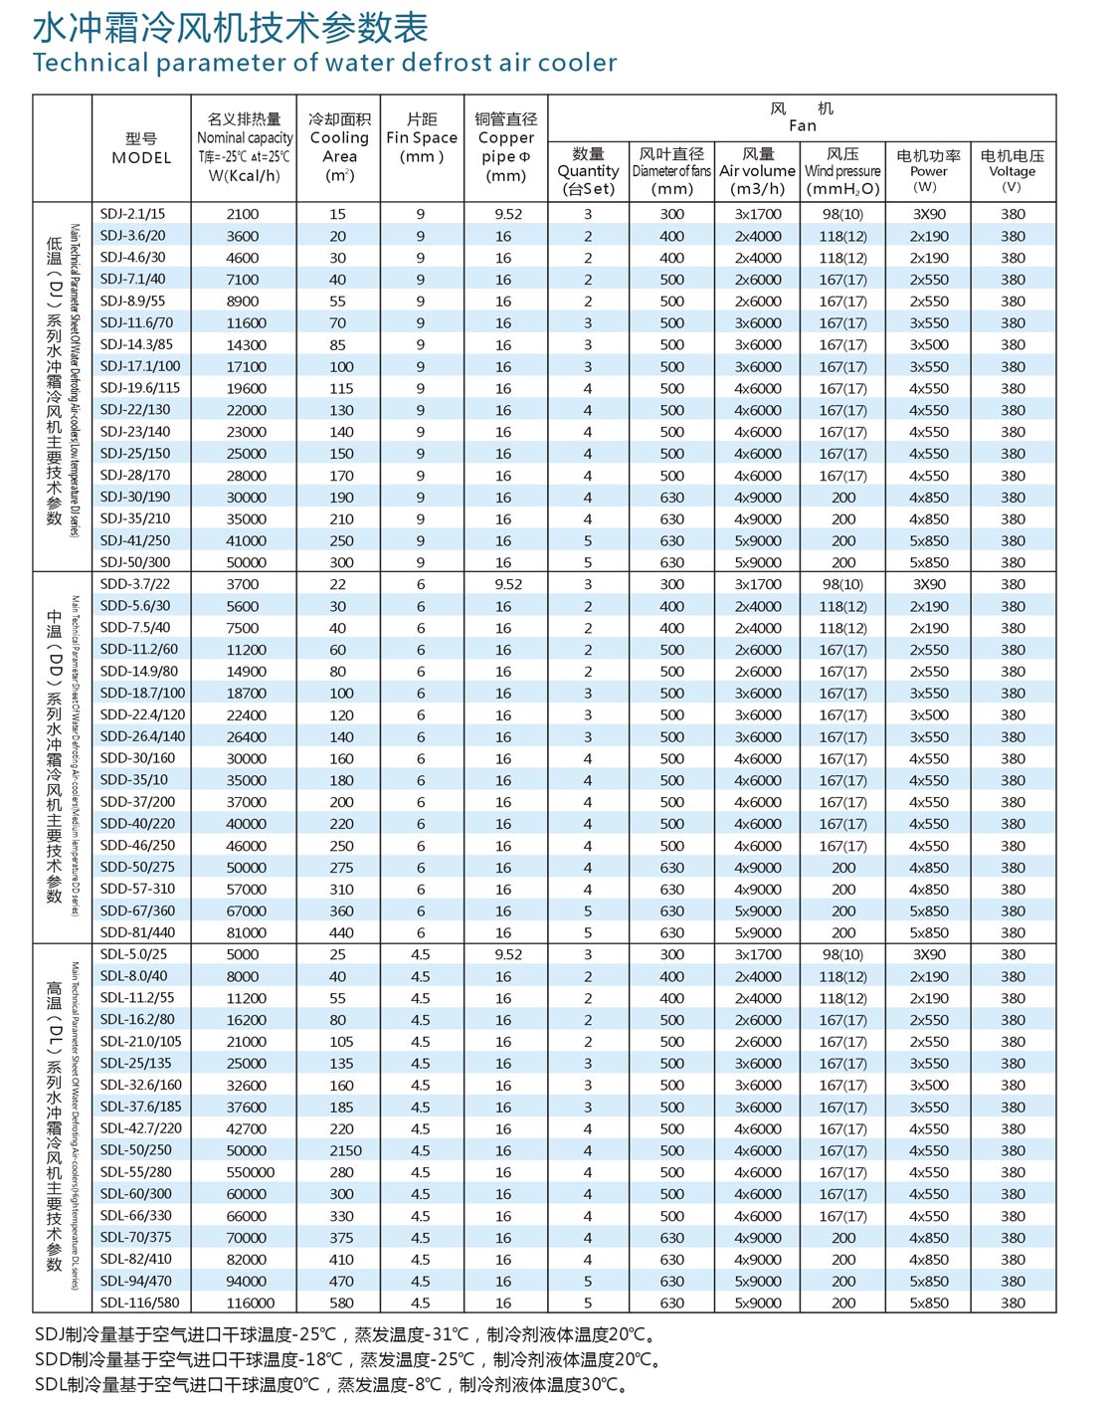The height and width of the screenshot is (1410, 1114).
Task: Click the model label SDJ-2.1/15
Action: (x=132, y=214)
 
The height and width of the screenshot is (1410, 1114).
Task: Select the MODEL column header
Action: (x=141, y=148)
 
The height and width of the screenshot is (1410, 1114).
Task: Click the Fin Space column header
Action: (x=422, y=138)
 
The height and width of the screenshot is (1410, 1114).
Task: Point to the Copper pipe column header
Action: (x=505, y=147)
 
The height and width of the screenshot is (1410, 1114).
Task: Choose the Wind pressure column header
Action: (x=842, y=171)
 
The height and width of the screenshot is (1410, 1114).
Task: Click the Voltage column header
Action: (x=1012, y=171)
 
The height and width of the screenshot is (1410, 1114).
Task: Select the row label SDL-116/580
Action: (x=140, y=1303)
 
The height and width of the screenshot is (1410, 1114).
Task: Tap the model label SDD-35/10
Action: (x=134, y=780)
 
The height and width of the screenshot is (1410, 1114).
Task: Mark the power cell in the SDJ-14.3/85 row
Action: (x=928, y=344)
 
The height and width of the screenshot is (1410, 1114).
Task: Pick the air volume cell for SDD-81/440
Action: (x=758, y=932)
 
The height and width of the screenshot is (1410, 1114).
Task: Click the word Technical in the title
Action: (x=90, y=63)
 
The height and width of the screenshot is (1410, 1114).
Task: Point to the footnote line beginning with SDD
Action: (x=348, y=1359)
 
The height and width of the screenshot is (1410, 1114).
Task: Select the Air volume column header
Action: (x=758, y=171)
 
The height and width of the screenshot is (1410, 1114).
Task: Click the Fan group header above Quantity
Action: (x=802, y=116)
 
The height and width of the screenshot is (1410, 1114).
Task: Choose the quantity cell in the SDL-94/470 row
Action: (x=588, y=1281)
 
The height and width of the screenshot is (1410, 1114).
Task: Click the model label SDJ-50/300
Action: (x=134, y=562)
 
